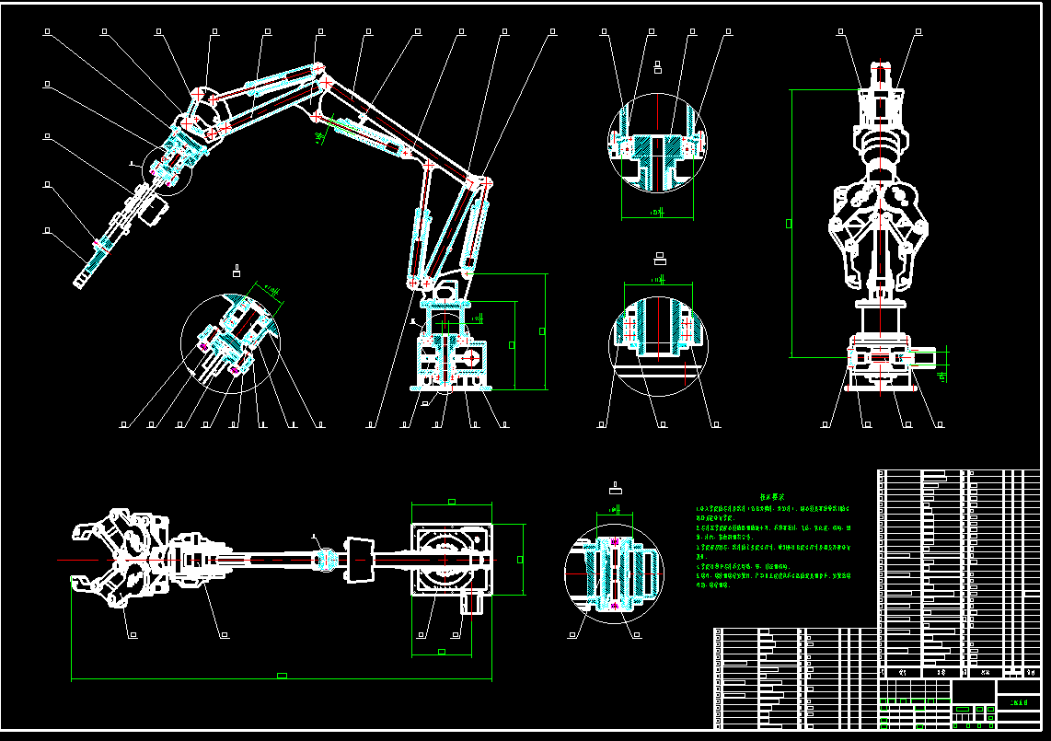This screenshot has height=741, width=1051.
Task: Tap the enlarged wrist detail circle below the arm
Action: (x=230, y=337)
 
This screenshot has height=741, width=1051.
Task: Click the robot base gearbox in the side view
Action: (x=450, y=354)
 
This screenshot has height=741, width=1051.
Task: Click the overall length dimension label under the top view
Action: (x=282, y=676)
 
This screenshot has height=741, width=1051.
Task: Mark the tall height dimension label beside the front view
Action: (x=788, y=222)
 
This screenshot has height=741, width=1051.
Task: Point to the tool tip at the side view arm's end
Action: (x=82, y=280)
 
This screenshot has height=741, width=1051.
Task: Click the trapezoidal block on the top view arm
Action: (x=360, y=557)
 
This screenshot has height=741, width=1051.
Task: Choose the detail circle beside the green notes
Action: (x=612, y=573)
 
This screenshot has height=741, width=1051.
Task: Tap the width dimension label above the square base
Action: (x=451, y=502)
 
